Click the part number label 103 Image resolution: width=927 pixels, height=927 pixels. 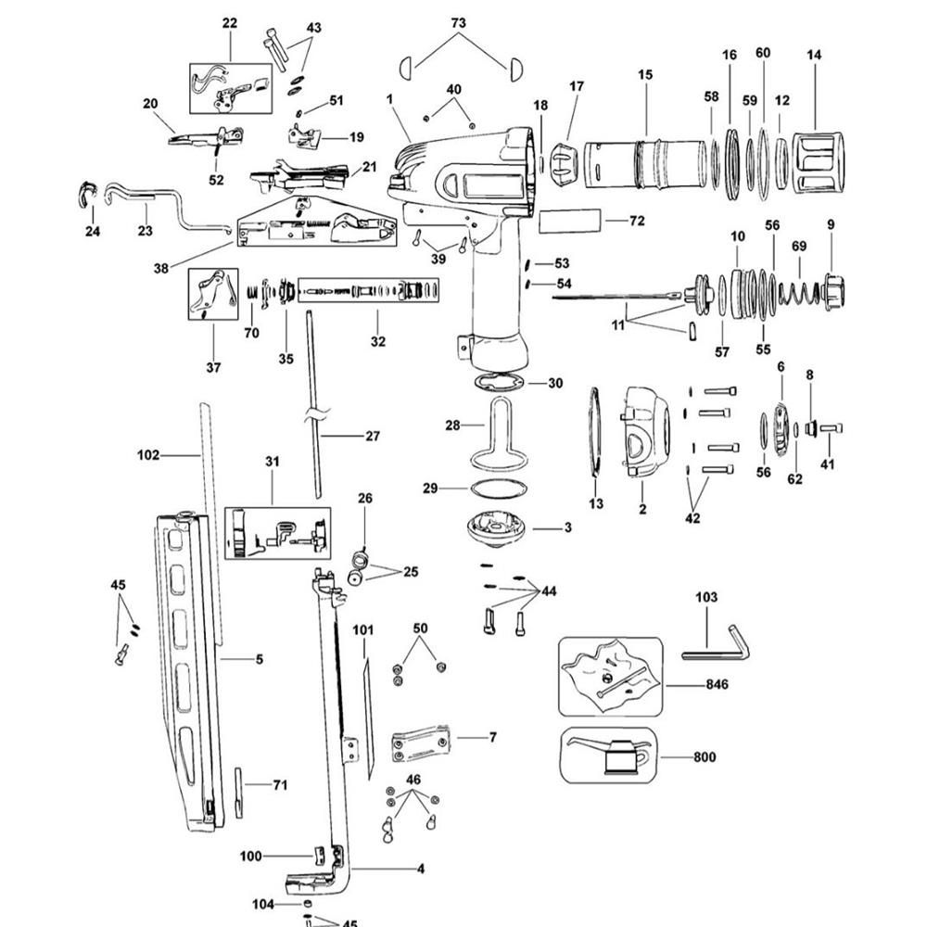pyautogui.click(x=706, y=598)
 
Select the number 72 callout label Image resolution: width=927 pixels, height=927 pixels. pyautogui.click(x=636, y=222)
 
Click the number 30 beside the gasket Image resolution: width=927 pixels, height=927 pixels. pyautogui.click(x=555, y=383)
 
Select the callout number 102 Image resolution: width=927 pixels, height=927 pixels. pyautogui.click(x=148, y=455)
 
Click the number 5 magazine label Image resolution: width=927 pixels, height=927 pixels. pyautogui.click(x=260, y=659)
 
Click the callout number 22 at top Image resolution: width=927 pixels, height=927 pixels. pyautogui.click(x=230, y=23)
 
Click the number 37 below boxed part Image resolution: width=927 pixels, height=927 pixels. pyautogui.click(x=214, y=367)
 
